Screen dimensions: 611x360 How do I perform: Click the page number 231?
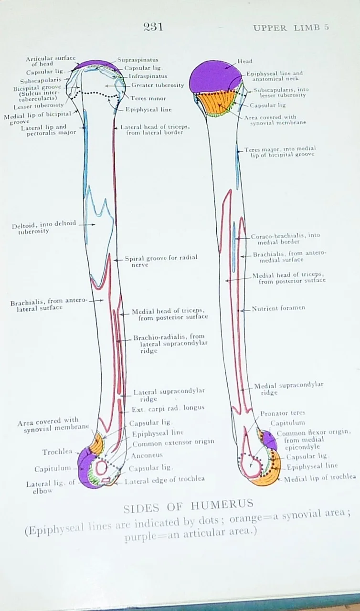click(x=153, y=27)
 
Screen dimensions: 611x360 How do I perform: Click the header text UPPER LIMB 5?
click(x=291, y=27)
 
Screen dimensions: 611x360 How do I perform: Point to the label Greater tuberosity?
click(x=158, y=85)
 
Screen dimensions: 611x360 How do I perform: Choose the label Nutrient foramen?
click(x=278, y=308)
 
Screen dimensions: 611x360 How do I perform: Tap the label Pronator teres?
click(x=283, y=413)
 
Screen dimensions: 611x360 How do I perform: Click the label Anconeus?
click(x=147, y=455)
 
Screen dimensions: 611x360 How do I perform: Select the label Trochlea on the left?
click(x=57, y=452)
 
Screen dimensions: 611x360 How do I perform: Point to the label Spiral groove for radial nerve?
click(x=161, y=261)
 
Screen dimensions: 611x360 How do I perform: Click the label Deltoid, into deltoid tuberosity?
click(x=44, y=227)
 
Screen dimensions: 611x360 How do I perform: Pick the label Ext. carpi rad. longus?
click(x=168, y=408)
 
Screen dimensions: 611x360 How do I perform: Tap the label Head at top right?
click(x=245, y=61)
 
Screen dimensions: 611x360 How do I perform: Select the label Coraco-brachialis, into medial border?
click(x=286, y=239)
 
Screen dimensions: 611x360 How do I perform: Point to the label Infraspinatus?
click(x=148, y=76)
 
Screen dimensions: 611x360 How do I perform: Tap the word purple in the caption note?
click(x=138, y=537)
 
